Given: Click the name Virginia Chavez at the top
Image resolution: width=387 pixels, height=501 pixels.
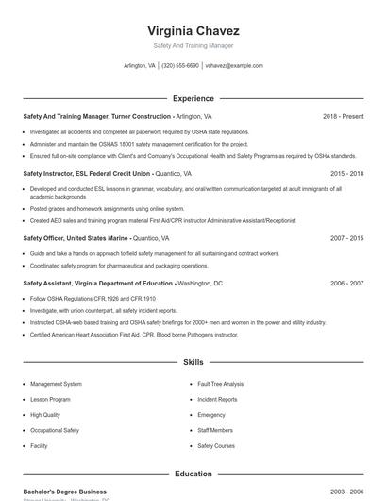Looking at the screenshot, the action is point(193,30).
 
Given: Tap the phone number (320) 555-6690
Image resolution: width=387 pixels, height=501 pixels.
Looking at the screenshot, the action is point(179,66).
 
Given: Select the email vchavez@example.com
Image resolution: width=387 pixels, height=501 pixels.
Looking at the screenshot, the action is point(234,66).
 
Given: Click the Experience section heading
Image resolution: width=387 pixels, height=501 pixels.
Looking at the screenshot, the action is point(193,98).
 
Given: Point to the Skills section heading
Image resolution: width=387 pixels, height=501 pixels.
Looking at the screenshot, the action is point(193,362).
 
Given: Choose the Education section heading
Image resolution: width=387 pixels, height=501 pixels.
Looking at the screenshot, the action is point(193,474).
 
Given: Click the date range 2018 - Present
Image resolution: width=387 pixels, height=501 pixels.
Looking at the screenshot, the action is point(343,116).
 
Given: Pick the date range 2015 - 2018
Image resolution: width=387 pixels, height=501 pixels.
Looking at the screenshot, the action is point(346,174).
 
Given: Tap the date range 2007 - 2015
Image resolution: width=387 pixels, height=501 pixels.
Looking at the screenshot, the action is point(346,238).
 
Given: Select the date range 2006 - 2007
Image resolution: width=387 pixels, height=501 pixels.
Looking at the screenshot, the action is point(346,284).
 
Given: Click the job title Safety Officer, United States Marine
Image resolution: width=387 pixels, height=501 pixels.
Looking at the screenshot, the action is point(76,238).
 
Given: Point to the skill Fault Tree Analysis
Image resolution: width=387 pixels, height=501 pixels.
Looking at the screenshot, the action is point(220,384).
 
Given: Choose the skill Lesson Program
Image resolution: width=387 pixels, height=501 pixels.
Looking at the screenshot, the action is point(50,399).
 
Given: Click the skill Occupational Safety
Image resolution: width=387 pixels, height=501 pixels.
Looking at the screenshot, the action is point(55,430).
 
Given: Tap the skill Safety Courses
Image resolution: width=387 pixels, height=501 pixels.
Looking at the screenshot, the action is point(216,445).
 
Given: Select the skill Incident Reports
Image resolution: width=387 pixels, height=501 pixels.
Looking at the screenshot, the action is point(217,399).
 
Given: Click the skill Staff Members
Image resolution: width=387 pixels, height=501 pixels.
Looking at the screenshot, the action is point(215,430).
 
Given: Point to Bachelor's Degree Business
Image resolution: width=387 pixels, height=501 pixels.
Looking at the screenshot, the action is point(64,492).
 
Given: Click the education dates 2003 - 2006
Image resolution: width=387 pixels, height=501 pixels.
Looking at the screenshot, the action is point(346,492).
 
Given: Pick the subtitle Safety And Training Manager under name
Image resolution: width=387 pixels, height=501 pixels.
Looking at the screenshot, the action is point(193,45).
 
